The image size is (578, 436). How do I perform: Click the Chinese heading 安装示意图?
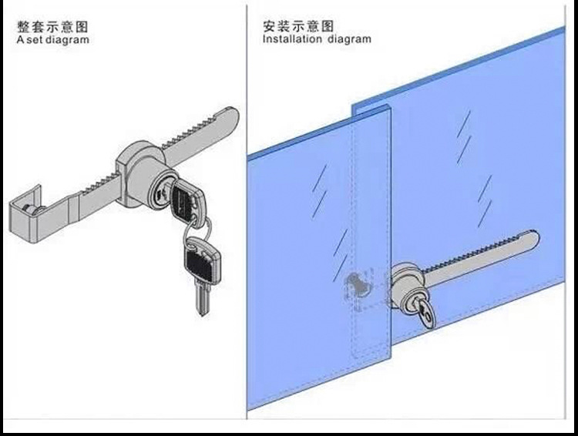click(x=296, y=25)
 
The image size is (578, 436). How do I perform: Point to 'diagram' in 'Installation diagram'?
click(x=350, y=39)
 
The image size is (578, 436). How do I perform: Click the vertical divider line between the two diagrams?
click(x=246, y=216)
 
